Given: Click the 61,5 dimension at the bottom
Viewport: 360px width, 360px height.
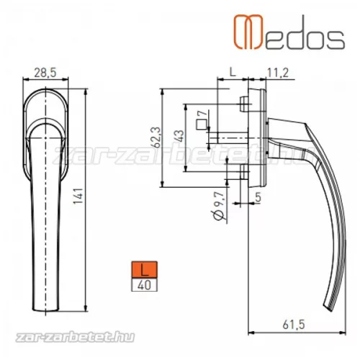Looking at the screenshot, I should (287, 326).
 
